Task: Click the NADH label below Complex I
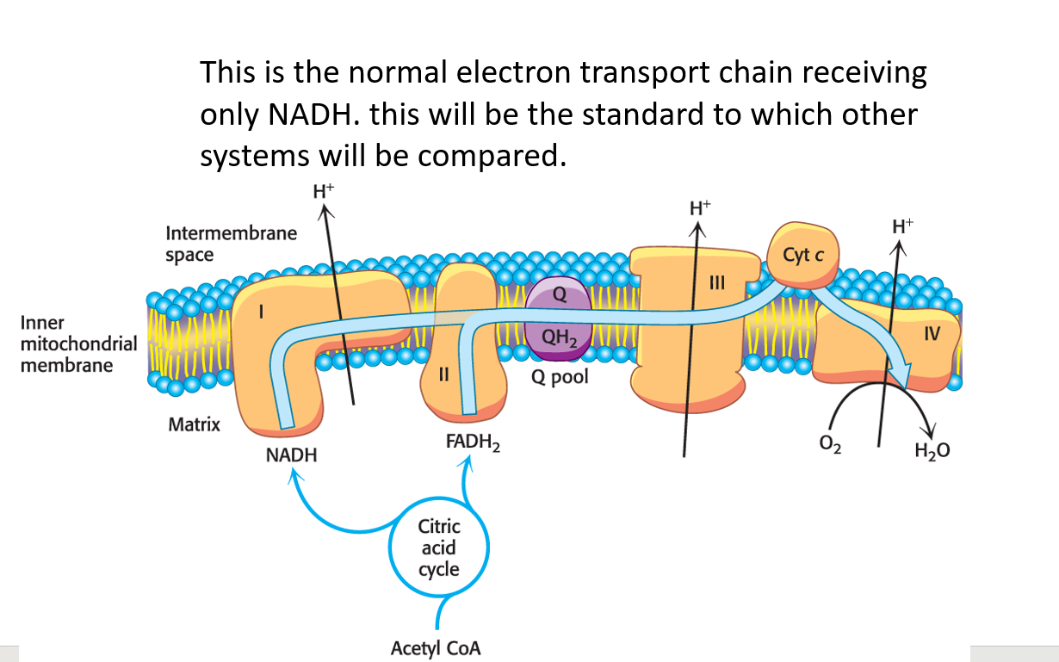[x=291, y=455]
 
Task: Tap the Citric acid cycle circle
[x=439, y=548]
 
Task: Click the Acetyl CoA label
[x=436, y=648]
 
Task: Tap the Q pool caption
[x=560, y=377]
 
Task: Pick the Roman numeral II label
[x=444, y=374]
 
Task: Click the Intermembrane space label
[x=231, y=244]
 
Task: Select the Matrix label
[x=194, y=424]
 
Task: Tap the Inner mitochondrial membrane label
[x=66, y=343]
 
